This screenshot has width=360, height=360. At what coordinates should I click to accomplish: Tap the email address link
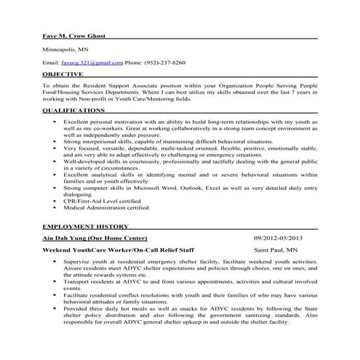tap(103, 63)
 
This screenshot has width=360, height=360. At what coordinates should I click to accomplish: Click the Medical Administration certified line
tap(106, 207)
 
